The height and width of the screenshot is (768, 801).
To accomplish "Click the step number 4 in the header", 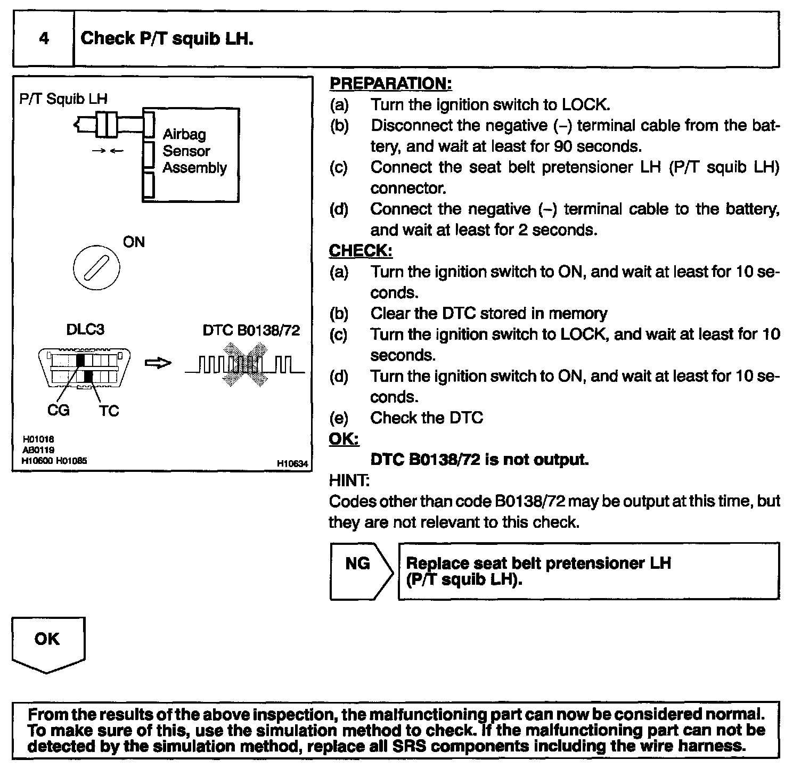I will point(44,39).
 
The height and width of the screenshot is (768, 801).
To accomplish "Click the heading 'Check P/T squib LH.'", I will point(167,39).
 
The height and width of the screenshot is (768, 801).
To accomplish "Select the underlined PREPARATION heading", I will point(390,84).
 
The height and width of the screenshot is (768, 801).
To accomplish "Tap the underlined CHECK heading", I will point(361,250).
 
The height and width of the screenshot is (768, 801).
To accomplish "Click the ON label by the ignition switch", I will point(134,242).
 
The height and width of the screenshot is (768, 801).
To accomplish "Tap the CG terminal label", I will point(58,411).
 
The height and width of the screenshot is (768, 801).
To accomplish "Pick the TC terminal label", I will point(109,411).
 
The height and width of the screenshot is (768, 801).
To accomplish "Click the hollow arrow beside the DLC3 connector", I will point(158,363).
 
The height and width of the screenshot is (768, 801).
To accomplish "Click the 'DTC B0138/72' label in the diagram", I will point(251,331).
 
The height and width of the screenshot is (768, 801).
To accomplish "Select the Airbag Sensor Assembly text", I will point(194,151).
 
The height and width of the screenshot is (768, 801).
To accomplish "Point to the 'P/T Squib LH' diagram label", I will point(63,99).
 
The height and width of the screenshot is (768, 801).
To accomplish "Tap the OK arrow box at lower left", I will point(47,642).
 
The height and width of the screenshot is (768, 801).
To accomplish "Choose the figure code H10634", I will point(292,464).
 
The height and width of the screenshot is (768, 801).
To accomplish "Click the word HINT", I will point(349,480).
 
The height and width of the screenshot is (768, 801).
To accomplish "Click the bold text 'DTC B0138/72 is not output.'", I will point(479,460).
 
